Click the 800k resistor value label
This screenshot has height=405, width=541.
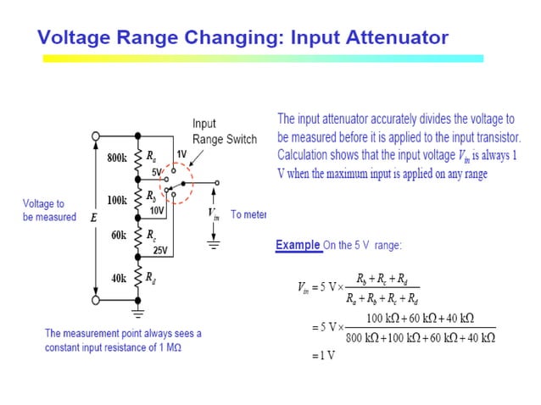116,157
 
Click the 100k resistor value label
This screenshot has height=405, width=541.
116,201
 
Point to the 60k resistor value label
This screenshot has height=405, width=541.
118,235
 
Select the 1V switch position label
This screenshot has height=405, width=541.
181,154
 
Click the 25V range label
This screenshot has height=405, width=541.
159,251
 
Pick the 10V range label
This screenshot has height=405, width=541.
157,210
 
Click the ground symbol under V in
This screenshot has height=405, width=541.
214,246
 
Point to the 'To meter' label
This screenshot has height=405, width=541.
248,215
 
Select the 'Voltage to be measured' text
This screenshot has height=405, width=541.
49,211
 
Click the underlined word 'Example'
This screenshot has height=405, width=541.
298,246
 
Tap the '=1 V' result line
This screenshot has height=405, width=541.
324,357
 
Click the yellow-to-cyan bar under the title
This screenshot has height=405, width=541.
263,58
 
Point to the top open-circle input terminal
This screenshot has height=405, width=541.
97,135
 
